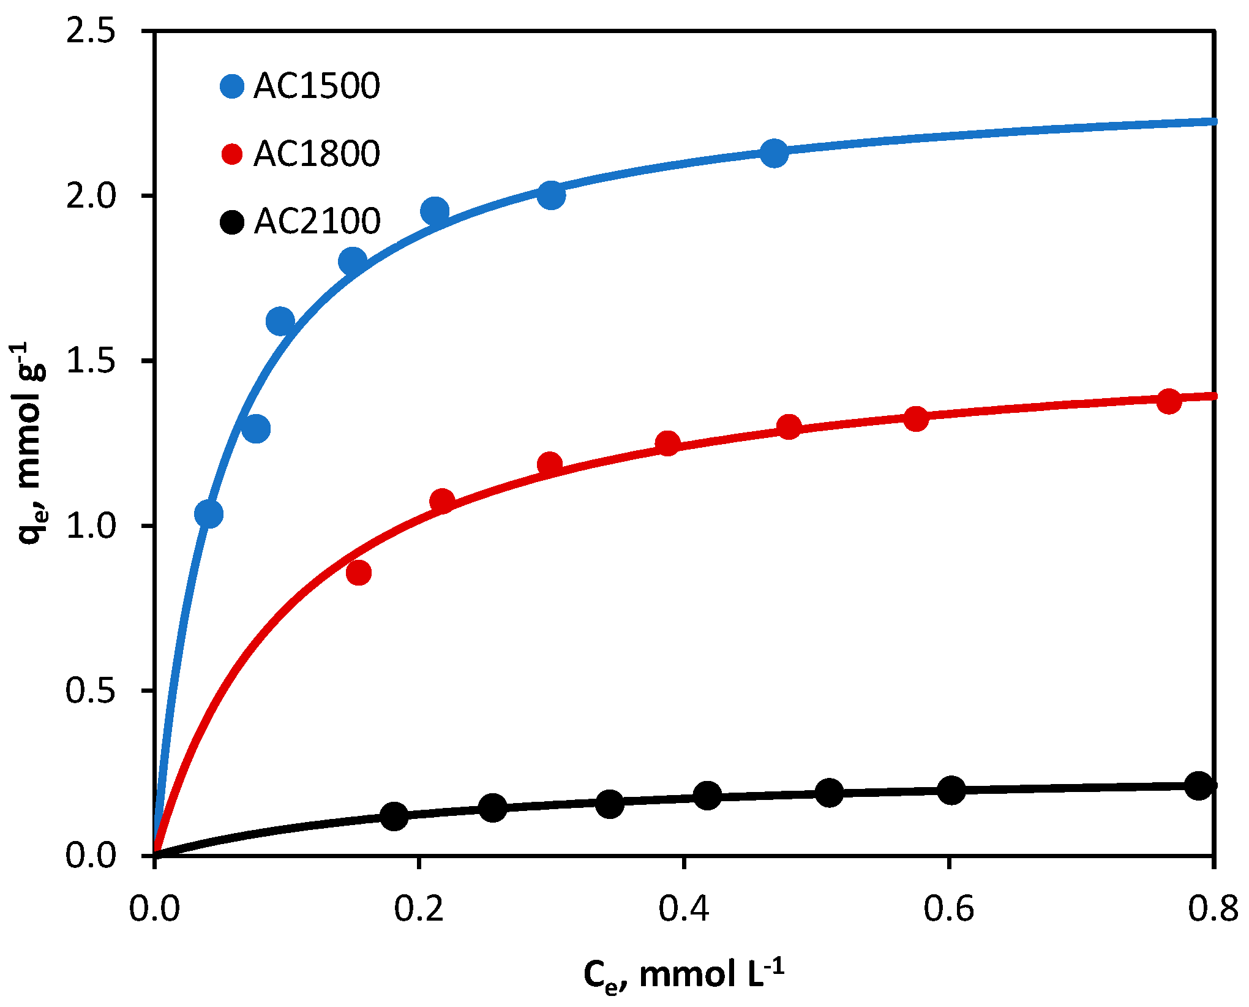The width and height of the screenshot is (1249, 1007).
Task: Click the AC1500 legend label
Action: click(x=317, y=86)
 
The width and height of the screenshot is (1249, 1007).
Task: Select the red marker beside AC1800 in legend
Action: click(x=232, y=153)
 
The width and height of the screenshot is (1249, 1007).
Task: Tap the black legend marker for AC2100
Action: click(x=232, y=221)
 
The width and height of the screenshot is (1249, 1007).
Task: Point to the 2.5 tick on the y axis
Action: click(x=91, y=31)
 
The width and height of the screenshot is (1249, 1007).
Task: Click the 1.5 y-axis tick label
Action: click(x=91, y=361)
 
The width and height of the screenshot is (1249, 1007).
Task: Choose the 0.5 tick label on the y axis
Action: click(x=91, y=690)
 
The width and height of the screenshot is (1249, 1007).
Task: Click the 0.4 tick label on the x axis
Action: click(x=684, y=908)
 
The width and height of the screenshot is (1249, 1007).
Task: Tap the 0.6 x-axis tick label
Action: click(x=949, y=908)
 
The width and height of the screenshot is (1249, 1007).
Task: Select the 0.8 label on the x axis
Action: click(x=1213, y=908)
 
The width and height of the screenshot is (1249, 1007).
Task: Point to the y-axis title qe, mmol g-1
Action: click(x=32, y=441)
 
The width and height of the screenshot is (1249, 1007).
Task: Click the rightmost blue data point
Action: click(x=775, y=153)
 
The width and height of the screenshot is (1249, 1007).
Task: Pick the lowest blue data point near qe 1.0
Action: click(x=208, y=513)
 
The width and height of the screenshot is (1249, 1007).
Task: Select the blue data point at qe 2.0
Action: click(x=551, y=195)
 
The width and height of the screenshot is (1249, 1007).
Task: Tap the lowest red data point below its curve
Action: click(x=358, y=573)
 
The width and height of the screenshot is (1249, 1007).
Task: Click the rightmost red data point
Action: click(x=1169, y=401)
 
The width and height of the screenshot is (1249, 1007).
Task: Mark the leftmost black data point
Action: click(x=394, y=815)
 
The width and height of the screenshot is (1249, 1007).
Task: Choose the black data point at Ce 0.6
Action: click(x=951, y=790)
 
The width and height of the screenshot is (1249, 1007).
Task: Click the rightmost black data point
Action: click(x=1199, y=785)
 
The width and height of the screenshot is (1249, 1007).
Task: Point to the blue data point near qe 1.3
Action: click(x=256, y=428)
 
